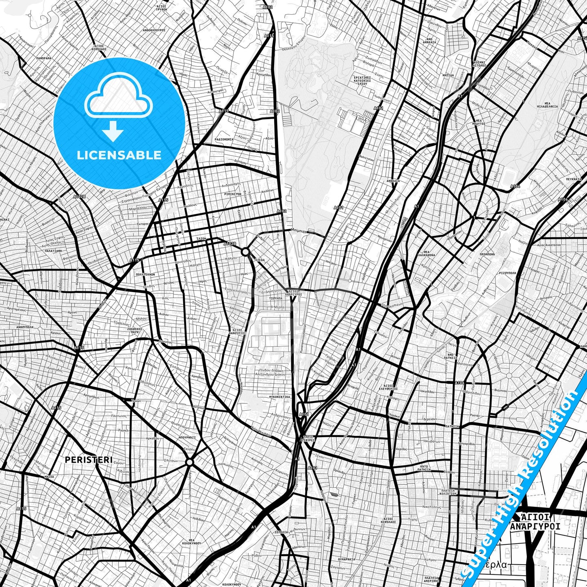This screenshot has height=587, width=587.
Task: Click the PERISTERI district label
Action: [x=89, y=459]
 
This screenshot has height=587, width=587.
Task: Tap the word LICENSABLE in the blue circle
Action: [x=119, y=155]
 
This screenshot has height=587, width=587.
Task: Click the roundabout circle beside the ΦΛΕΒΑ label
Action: [x=245, y=252]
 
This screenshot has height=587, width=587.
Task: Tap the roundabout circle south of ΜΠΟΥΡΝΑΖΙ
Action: [x=189, y=462]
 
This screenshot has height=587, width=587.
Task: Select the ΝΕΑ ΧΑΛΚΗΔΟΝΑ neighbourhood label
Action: [x=427, y=253]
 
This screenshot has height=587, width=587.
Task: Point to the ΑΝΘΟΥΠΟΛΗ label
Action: [x=25, y=327]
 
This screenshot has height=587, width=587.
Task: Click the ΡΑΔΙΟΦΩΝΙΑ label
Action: [x=224, y=139]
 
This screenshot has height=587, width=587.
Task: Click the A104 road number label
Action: [x=515, y=186]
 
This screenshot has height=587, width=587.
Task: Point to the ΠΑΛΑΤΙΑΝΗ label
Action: [x=53, y=251]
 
